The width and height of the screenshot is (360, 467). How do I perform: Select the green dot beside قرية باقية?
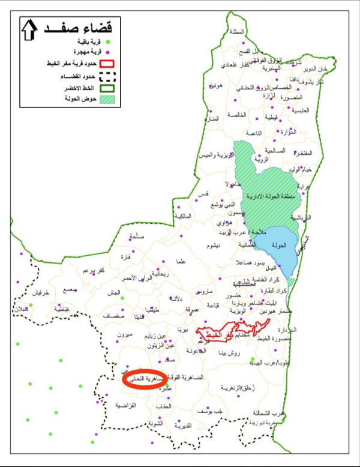109,41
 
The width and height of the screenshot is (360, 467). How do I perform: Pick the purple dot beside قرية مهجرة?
109,51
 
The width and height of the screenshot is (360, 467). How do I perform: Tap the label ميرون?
125,334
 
